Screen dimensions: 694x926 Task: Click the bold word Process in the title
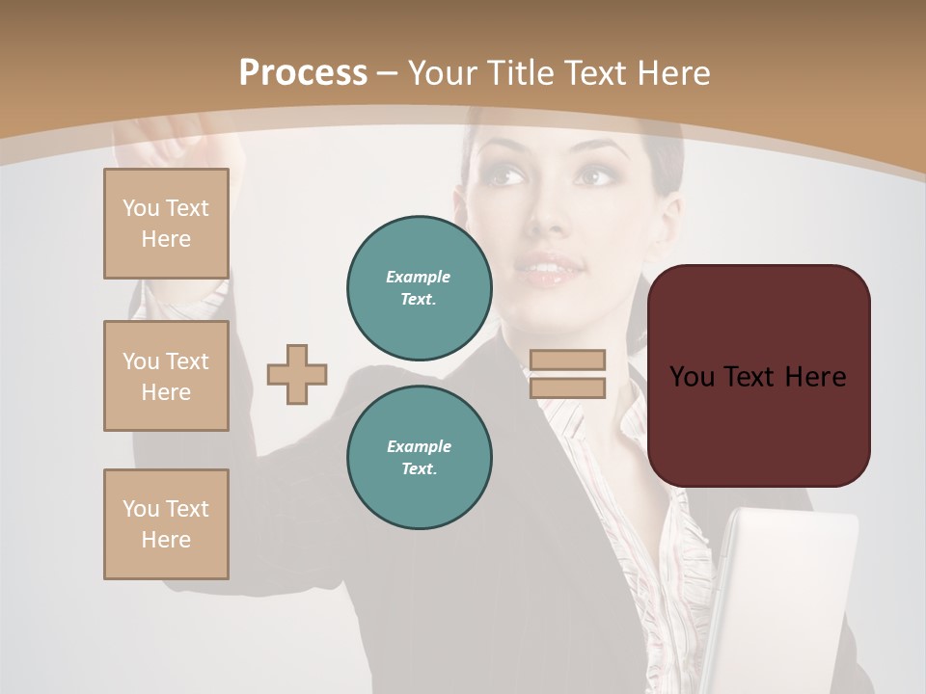point(303,73)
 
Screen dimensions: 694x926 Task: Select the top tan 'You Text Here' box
point(166,224)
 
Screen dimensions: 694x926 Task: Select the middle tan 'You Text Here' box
point(166,376)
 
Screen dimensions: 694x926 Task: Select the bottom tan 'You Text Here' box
point(166,524)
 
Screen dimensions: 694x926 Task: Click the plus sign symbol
point(297,374)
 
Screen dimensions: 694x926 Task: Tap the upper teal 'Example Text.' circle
point(419,287)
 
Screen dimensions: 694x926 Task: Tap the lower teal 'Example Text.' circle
point(419,457)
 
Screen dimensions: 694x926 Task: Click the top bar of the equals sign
point(568,360)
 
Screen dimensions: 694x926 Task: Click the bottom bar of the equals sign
point(568,388)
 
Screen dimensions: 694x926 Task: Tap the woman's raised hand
point(169,140)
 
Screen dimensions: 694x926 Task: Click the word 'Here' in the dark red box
point(815,377)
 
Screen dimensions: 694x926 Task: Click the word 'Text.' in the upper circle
point(419,300)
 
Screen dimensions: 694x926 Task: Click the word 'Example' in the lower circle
point(419,446)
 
